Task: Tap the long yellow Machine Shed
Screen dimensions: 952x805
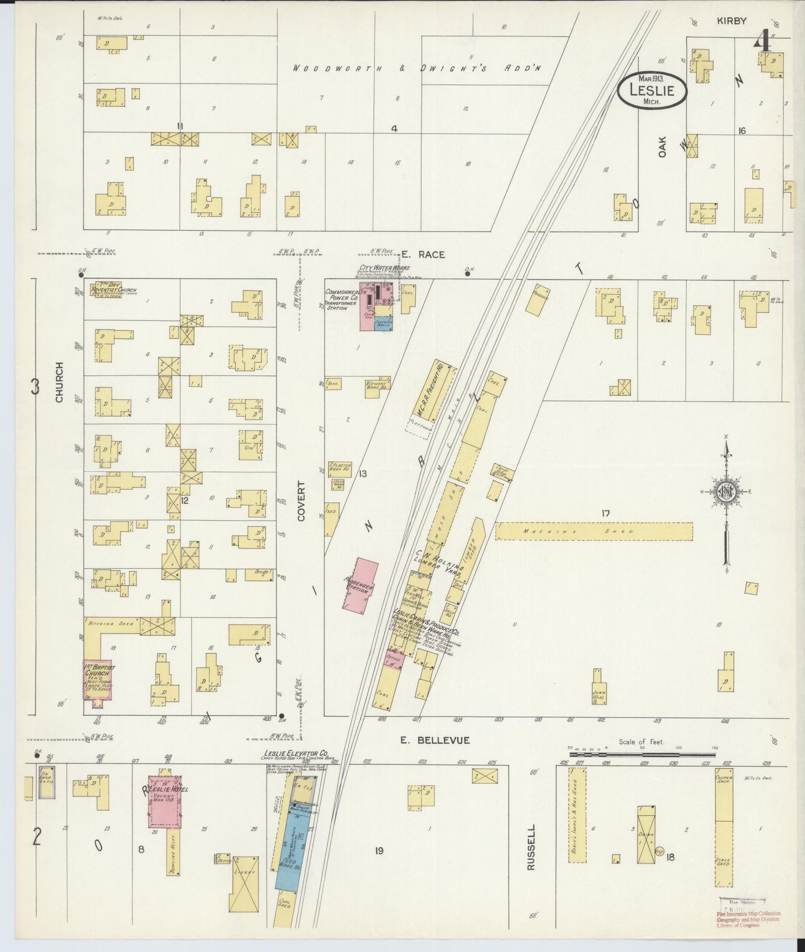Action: [x=594, y=531]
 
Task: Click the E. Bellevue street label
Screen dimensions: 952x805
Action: [x=435, y=740]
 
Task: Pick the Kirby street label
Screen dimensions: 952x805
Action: [x=731, y=21]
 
